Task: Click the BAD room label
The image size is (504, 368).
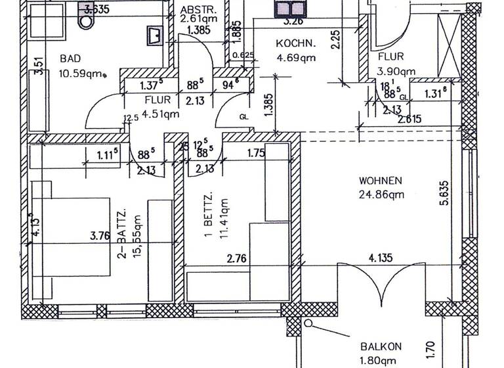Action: coord(71,58)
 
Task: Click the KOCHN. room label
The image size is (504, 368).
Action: coord(295,44)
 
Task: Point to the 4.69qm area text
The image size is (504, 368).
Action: coord(295,57)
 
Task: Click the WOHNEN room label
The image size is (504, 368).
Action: coord(380,181)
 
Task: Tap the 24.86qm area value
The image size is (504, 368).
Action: coord(381,194)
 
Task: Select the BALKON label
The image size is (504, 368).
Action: coord(380,347)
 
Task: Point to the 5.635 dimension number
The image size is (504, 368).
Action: coord(444,193)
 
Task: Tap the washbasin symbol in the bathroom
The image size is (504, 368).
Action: coord(154,34)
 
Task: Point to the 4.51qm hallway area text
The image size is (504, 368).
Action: coord(161,113)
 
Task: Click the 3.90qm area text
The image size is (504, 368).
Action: coord(396,71)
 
